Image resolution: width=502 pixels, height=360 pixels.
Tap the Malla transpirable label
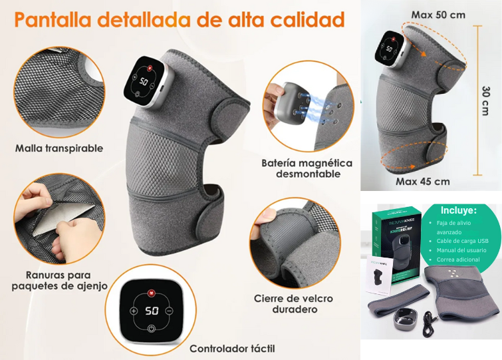[x=59, y=148]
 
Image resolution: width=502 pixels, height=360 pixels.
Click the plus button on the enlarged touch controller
[x=134, y=311]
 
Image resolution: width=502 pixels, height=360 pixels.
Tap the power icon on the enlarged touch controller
[x=152, y=329]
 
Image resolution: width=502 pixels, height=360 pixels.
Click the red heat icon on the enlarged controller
[x=152, y=292]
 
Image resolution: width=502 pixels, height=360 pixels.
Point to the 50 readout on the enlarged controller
[x=152, y=311]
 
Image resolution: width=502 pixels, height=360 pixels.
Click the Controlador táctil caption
[x=232, y=348]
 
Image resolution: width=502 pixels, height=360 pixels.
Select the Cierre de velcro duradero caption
[x=294, y=303]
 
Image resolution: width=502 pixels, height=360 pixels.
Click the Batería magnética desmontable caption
[x=307, y=168]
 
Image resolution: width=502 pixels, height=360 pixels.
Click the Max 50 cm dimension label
[x=438, y=14]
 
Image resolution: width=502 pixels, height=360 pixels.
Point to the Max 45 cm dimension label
[x=423, y=181]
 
